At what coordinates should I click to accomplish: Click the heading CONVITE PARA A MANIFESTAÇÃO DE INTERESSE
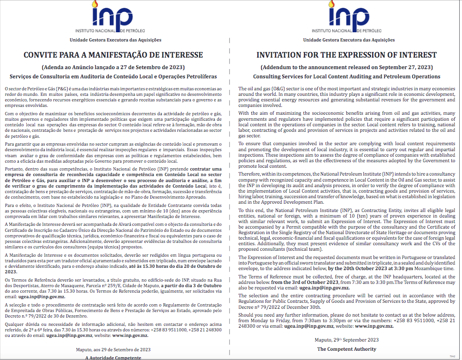(113, 55)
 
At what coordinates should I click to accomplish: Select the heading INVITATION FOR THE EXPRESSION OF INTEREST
(347, 55)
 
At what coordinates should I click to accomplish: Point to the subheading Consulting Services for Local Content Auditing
(347, 77)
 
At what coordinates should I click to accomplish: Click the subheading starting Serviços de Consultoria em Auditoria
(113, 77)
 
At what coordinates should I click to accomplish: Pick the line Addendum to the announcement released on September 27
(347, 67)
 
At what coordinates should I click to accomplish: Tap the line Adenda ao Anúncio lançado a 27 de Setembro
(113, 67)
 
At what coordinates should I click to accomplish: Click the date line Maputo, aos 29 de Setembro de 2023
(113, 349)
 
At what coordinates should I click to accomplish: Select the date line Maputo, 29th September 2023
(347, 340)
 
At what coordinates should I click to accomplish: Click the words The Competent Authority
(347, 349)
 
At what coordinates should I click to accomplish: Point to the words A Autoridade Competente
(113, 357)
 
